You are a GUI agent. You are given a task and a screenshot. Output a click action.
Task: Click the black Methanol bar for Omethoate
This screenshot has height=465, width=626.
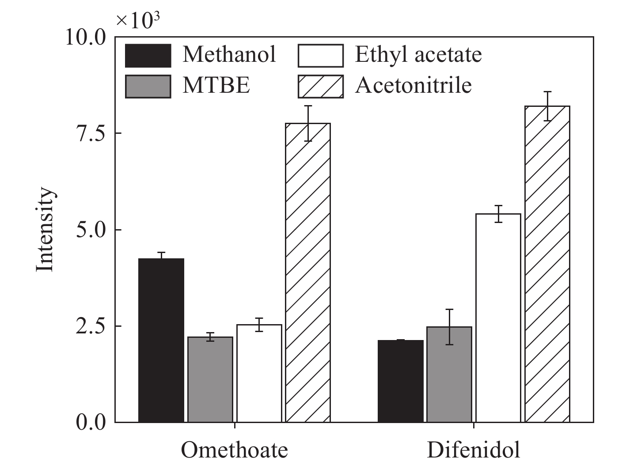pos(161,340)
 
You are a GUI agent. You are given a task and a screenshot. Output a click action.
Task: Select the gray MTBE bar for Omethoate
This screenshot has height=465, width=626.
pos(210,379)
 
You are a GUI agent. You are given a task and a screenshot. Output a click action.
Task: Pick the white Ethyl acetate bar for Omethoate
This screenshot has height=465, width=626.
pos(259,373)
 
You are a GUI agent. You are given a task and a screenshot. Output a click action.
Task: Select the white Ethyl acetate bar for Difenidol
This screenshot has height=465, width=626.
pos(498,318)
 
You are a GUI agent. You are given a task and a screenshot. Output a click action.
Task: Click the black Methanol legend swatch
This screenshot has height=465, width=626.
pos(148,56)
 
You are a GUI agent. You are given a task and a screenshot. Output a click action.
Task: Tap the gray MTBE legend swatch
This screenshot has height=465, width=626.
pos(148,86)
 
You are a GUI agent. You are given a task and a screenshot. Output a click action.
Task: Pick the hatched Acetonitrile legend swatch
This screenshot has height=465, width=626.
pos(321,86)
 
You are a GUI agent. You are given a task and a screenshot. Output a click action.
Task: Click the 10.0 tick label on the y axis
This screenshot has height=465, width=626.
pos(86,37)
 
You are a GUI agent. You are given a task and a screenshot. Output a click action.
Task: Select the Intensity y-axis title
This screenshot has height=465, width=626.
pos(45,230)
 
